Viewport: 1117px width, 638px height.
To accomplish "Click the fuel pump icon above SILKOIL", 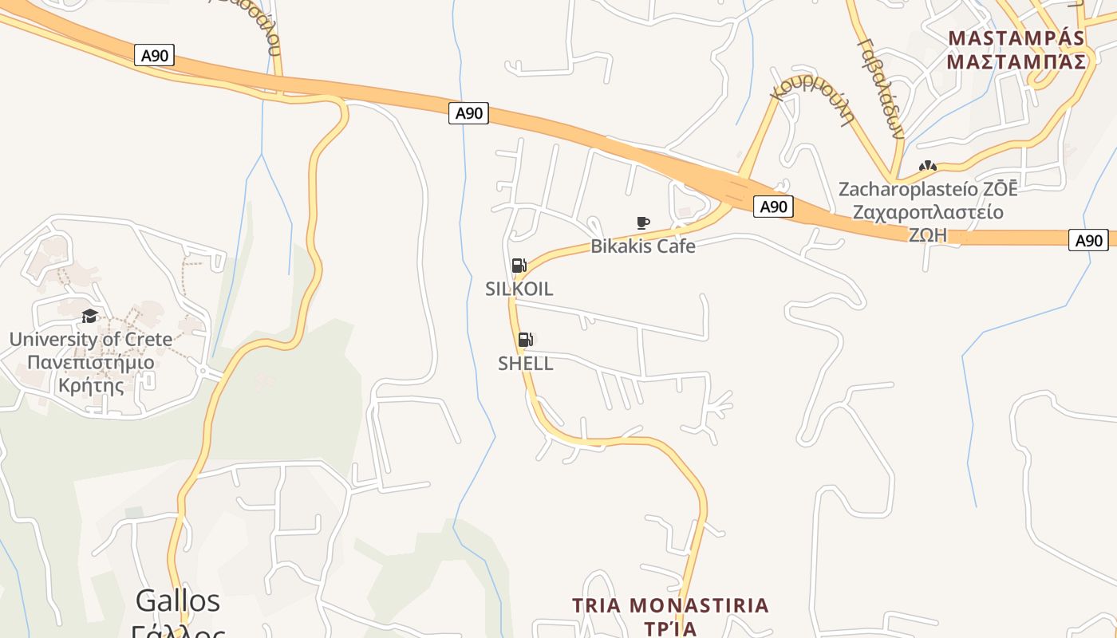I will (x=519, y=266).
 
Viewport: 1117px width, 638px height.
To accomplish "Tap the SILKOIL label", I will (x=519, y=289).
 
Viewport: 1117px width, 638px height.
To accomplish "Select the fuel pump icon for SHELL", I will (x=525, y=340).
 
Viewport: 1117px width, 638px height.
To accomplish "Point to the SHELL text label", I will (x=525, y=364).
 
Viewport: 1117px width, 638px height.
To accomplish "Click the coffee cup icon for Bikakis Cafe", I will (x=642, y=223).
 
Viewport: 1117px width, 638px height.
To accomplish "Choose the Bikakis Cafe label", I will (x=642, y=246).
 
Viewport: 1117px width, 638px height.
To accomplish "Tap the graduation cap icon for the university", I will (x=89, y=317).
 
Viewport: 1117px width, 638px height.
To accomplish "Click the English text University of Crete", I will (x=90, y=340).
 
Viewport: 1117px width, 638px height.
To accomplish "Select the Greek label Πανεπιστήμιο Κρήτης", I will (x=90, y=374).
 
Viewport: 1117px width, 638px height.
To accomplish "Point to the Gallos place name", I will (x=177, y=600).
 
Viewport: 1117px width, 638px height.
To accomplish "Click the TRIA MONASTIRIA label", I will (x=670, y=605).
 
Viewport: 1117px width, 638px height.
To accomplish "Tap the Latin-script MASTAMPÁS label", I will (x=1016, y=38).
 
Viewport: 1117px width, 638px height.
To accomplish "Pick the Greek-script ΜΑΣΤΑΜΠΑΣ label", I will (x=1016, y=62).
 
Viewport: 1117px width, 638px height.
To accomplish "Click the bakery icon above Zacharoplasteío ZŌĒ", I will (x=927, y=167).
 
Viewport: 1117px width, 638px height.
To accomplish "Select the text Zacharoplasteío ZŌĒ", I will (x=927, y=190).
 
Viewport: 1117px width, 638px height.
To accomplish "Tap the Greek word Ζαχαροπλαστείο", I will (x=927, y=213).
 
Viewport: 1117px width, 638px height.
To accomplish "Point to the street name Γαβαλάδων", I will (x=882, y=88).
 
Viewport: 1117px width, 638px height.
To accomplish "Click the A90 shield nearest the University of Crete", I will (x=155, y=55).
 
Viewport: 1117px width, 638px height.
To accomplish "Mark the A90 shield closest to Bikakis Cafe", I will (x=772, y=207).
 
